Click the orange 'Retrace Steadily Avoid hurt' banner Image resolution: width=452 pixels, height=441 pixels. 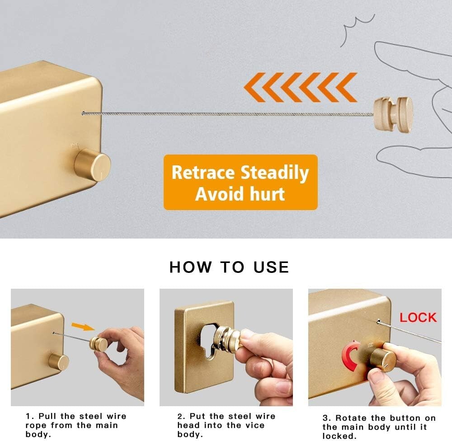point(240,183)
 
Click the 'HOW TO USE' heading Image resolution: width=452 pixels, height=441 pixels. point(229,267)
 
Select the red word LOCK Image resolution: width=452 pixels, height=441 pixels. point(418,317)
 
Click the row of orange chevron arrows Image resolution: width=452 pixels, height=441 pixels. point(300,87)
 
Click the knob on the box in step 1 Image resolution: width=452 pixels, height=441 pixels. point(59,362)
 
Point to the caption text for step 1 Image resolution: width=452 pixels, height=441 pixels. point(76,425)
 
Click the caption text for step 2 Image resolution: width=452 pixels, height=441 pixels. point(226,425)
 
